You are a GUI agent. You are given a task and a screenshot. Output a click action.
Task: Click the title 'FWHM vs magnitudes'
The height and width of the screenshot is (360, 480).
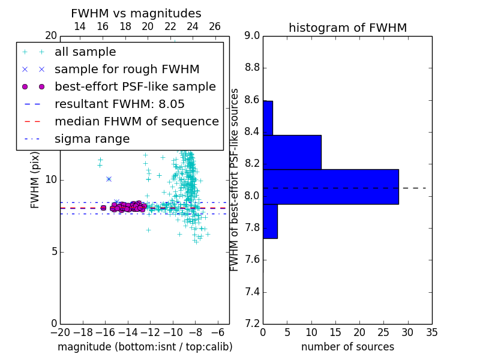click(136, 13)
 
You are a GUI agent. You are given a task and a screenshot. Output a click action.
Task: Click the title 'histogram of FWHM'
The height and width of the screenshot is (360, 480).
click(348, 28)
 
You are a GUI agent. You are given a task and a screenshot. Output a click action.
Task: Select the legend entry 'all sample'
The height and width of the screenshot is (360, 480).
click(85, 52)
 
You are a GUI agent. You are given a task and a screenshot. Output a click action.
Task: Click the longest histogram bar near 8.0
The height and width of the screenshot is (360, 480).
click(331, 187)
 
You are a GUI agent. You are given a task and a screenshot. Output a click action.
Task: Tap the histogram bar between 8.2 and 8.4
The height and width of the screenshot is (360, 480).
click(292, 152)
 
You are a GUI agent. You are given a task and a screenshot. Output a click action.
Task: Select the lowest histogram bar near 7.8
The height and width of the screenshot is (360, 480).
click(271, 221)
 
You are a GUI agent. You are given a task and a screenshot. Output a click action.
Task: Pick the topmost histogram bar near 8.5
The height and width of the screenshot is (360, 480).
click(268, 118)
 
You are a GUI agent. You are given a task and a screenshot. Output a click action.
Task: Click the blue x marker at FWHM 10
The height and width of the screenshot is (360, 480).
click(109, 179)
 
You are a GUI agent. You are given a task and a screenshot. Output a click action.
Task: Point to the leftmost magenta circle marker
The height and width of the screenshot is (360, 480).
click(103, 208)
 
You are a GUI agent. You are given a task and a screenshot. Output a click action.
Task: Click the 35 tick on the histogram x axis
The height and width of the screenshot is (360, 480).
click(432, 332)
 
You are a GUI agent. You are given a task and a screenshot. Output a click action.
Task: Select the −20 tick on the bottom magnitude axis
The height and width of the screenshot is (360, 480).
click(61, 332)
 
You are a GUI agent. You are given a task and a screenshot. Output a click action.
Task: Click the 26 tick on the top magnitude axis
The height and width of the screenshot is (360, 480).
click(215, 26)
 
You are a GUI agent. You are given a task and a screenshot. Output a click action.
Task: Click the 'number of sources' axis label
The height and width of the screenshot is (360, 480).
click(348, 347)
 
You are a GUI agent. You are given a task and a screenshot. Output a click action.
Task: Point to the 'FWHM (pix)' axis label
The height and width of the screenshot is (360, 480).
click(35, 180)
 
